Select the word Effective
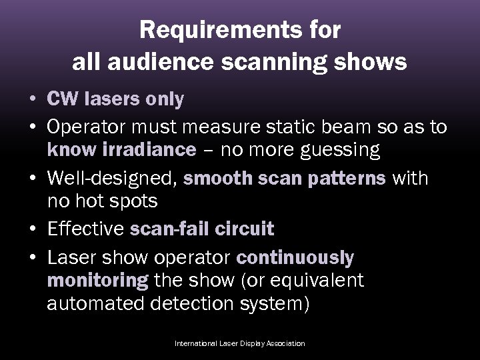pyautogui.click(x=86, y=229)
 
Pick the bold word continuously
pyautogui.click(x=295, y=257)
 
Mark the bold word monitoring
pyautogui.click(x=97, y=281)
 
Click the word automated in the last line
pyautogui.click(x=93, y=305)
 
